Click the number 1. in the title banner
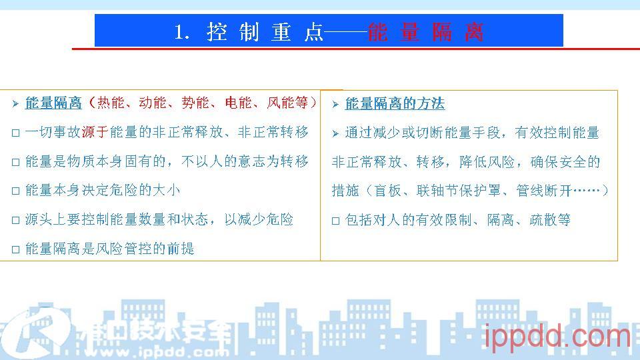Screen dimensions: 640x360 (x=181, y=32)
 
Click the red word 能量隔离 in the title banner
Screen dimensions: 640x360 (x=425, y=32)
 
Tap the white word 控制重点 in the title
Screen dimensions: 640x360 (x=265, y=32)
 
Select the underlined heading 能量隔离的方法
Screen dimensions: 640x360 (x=395, y=104)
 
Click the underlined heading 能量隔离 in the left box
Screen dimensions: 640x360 (x=53, y=103)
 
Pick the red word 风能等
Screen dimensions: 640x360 (x=287, y=103)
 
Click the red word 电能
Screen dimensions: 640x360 (x=239, y=103)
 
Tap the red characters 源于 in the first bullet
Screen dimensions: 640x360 (x=95, y=132)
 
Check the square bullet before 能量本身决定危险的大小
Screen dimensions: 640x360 (x=16, y=191)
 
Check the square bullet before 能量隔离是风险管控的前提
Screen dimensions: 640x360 (x=16, y=249)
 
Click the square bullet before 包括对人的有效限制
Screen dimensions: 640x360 (x=335, y=221)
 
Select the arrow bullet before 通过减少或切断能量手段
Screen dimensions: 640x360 (x=335, y=133)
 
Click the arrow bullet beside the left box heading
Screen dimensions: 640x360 (x=15, y=104)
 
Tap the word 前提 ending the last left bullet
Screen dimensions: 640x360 (x=181, y=249)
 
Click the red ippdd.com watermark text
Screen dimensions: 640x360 (x=557, y=337)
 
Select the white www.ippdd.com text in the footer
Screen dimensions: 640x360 (x=157, y=352)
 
